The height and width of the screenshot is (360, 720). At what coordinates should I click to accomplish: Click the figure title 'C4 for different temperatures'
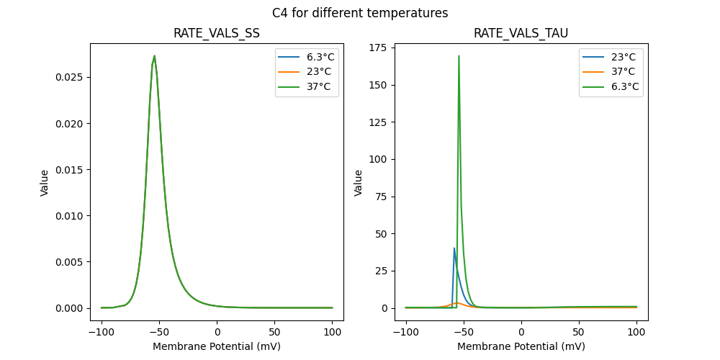point(360,13)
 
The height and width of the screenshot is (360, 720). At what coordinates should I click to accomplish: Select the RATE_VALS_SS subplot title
point(217,33)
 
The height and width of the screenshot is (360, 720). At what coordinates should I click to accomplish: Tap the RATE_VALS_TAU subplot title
point(521,33)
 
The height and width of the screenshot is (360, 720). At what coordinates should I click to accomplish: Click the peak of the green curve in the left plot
point(154,56)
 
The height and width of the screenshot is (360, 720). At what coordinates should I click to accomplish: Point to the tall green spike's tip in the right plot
point(459,56)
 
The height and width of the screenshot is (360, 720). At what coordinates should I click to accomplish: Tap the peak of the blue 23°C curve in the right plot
point(454,248)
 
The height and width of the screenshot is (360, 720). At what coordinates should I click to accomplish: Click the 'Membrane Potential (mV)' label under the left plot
point(217,346)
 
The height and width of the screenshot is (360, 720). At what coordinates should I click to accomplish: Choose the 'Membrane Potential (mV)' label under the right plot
point(521,346)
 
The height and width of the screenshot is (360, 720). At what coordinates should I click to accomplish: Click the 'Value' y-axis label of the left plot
point(45,183)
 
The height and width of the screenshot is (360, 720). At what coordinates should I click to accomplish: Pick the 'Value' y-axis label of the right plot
point(358,183)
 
